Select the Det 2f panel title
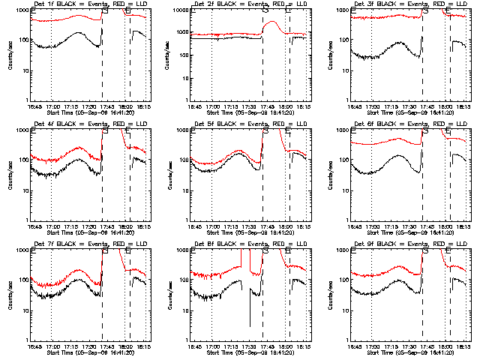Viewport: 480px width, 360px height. (249, 4)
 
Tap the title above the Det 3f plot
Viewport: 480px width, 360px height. (409, 4)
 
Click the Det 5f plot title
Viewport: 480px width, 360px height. (249, 124)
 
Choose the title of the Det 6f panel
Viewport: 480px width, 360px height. (409, 124)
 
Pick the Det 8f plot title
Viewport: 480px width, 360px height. (249, 244)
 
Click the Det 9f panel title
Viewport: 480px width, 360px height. (409, 244)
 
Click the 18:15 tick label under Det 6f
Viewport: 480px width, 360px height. (463, 226)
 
